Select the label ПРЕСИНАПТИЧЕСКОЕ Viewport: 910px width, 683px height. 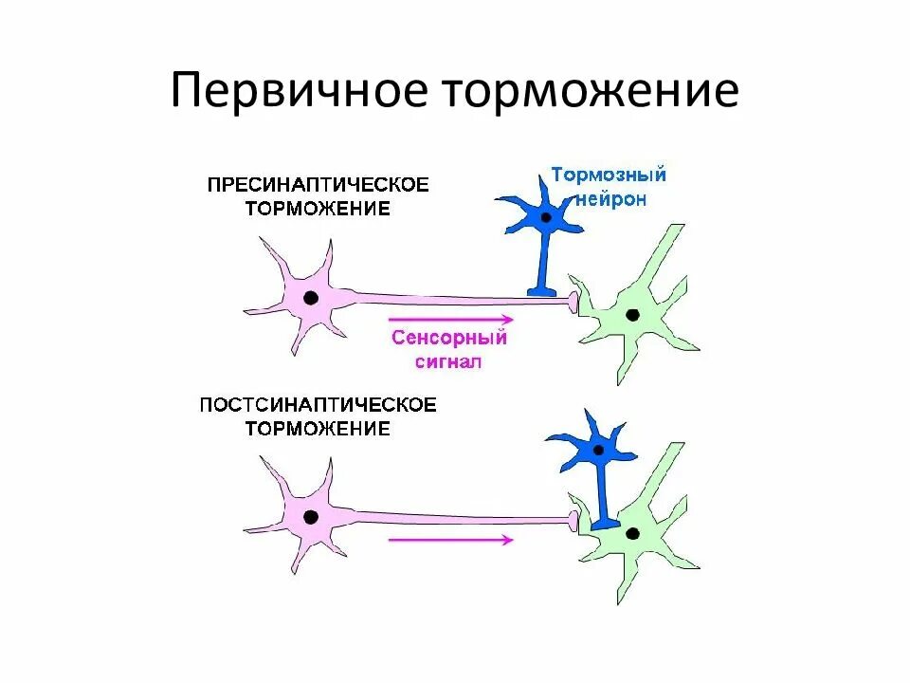click(318, 184)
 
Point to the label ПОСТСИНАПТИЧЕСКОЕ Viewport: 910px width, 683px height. click(318, 405)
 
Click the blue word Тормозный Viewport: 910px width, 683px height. click(609, 175)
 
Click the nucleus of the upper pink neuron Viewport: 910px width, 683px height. click(310, 298)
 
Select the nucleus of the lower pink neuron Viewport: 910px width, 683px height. click(310, 517)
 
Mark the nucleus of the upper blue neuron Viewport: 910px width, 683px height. click(545, 217)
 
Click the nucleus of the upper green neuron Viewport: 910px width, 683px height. click(631, 314)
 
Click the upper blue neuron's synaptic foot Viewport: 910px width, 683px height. click(543, 290)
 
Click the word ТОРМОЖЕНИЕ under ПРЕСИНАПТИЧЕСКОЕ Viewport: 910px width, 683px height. click(318, 209)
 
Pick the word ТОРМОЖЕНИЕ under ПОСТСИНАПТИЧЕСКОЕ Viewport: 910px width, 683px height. click(318, 429)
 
